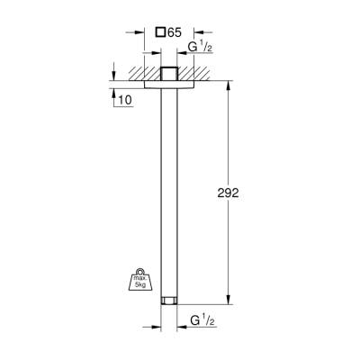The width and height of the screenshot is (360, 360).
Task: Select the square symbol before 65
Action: (x=160, y=32)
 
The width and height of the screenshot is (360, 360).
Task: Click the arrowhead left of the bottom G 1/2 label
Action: (x=157, y=319)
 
